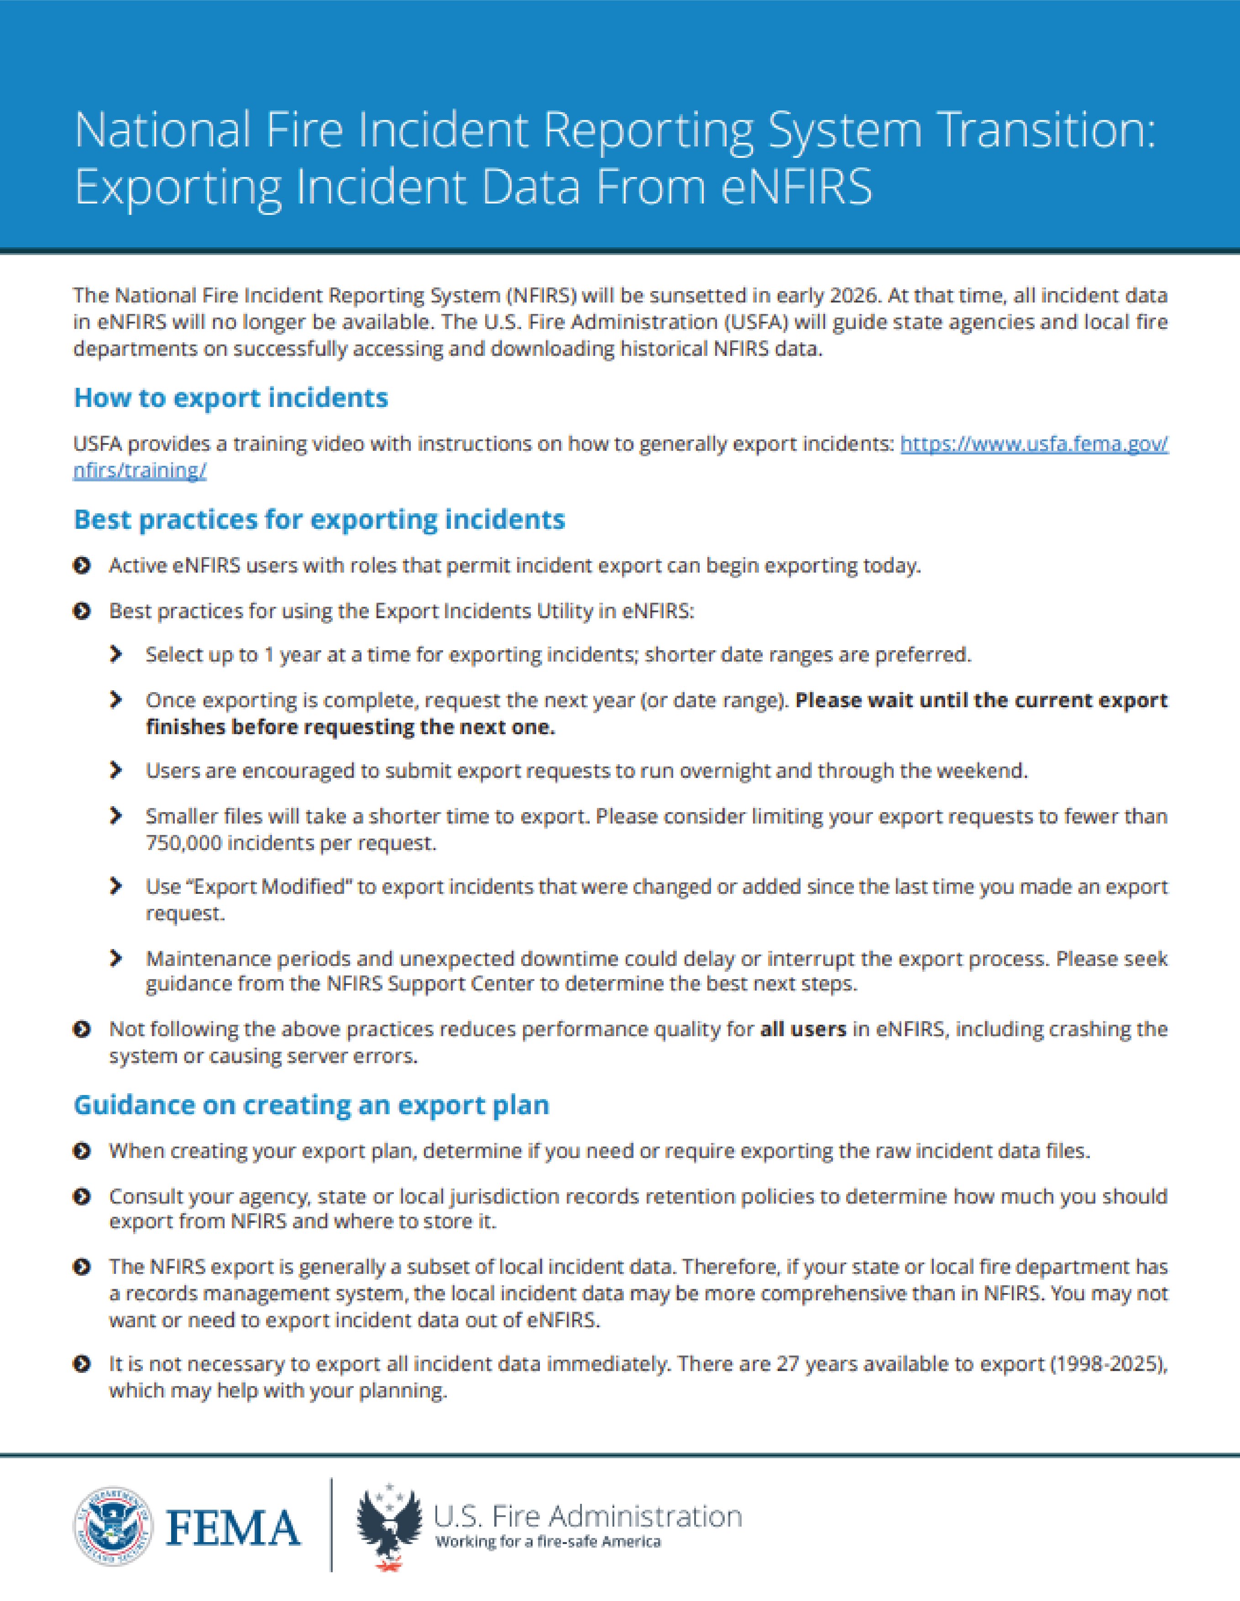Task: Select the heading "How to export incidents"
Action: (231, 397)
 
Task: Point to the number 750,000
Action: (183, 843)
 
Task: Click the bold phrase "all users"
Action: (803, 1029)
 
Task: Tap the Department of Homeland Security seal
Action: (113, 1527)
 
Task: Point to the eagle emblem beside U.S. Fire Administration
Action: (389, 1527)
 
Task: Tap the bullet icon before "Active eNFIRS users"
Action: (82, 565)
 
